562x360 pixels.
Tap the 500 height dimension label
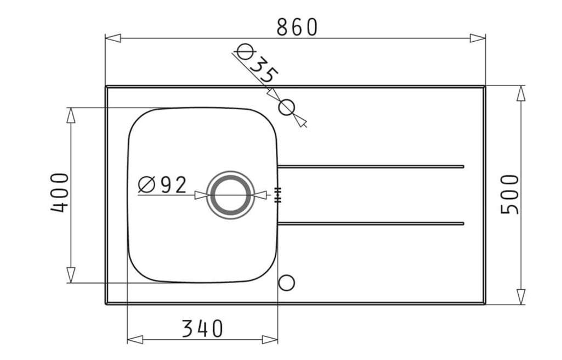click(x=509, y=194)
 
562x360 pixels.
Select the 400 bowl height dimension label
click(x=60, y=193)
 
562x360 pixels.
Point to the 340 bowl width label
click(x=202, y=329)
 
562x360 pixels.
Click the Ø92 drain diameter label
click(x=162, y=184)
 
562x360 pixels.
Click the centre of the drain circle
click(x=230, y=195)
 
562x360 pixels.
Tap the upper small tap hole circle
click(x=286, y=107)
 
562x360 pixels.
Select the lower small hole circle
click(x=286, y=283)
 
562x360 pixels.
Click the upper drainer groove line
click(x=371, y=166)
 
